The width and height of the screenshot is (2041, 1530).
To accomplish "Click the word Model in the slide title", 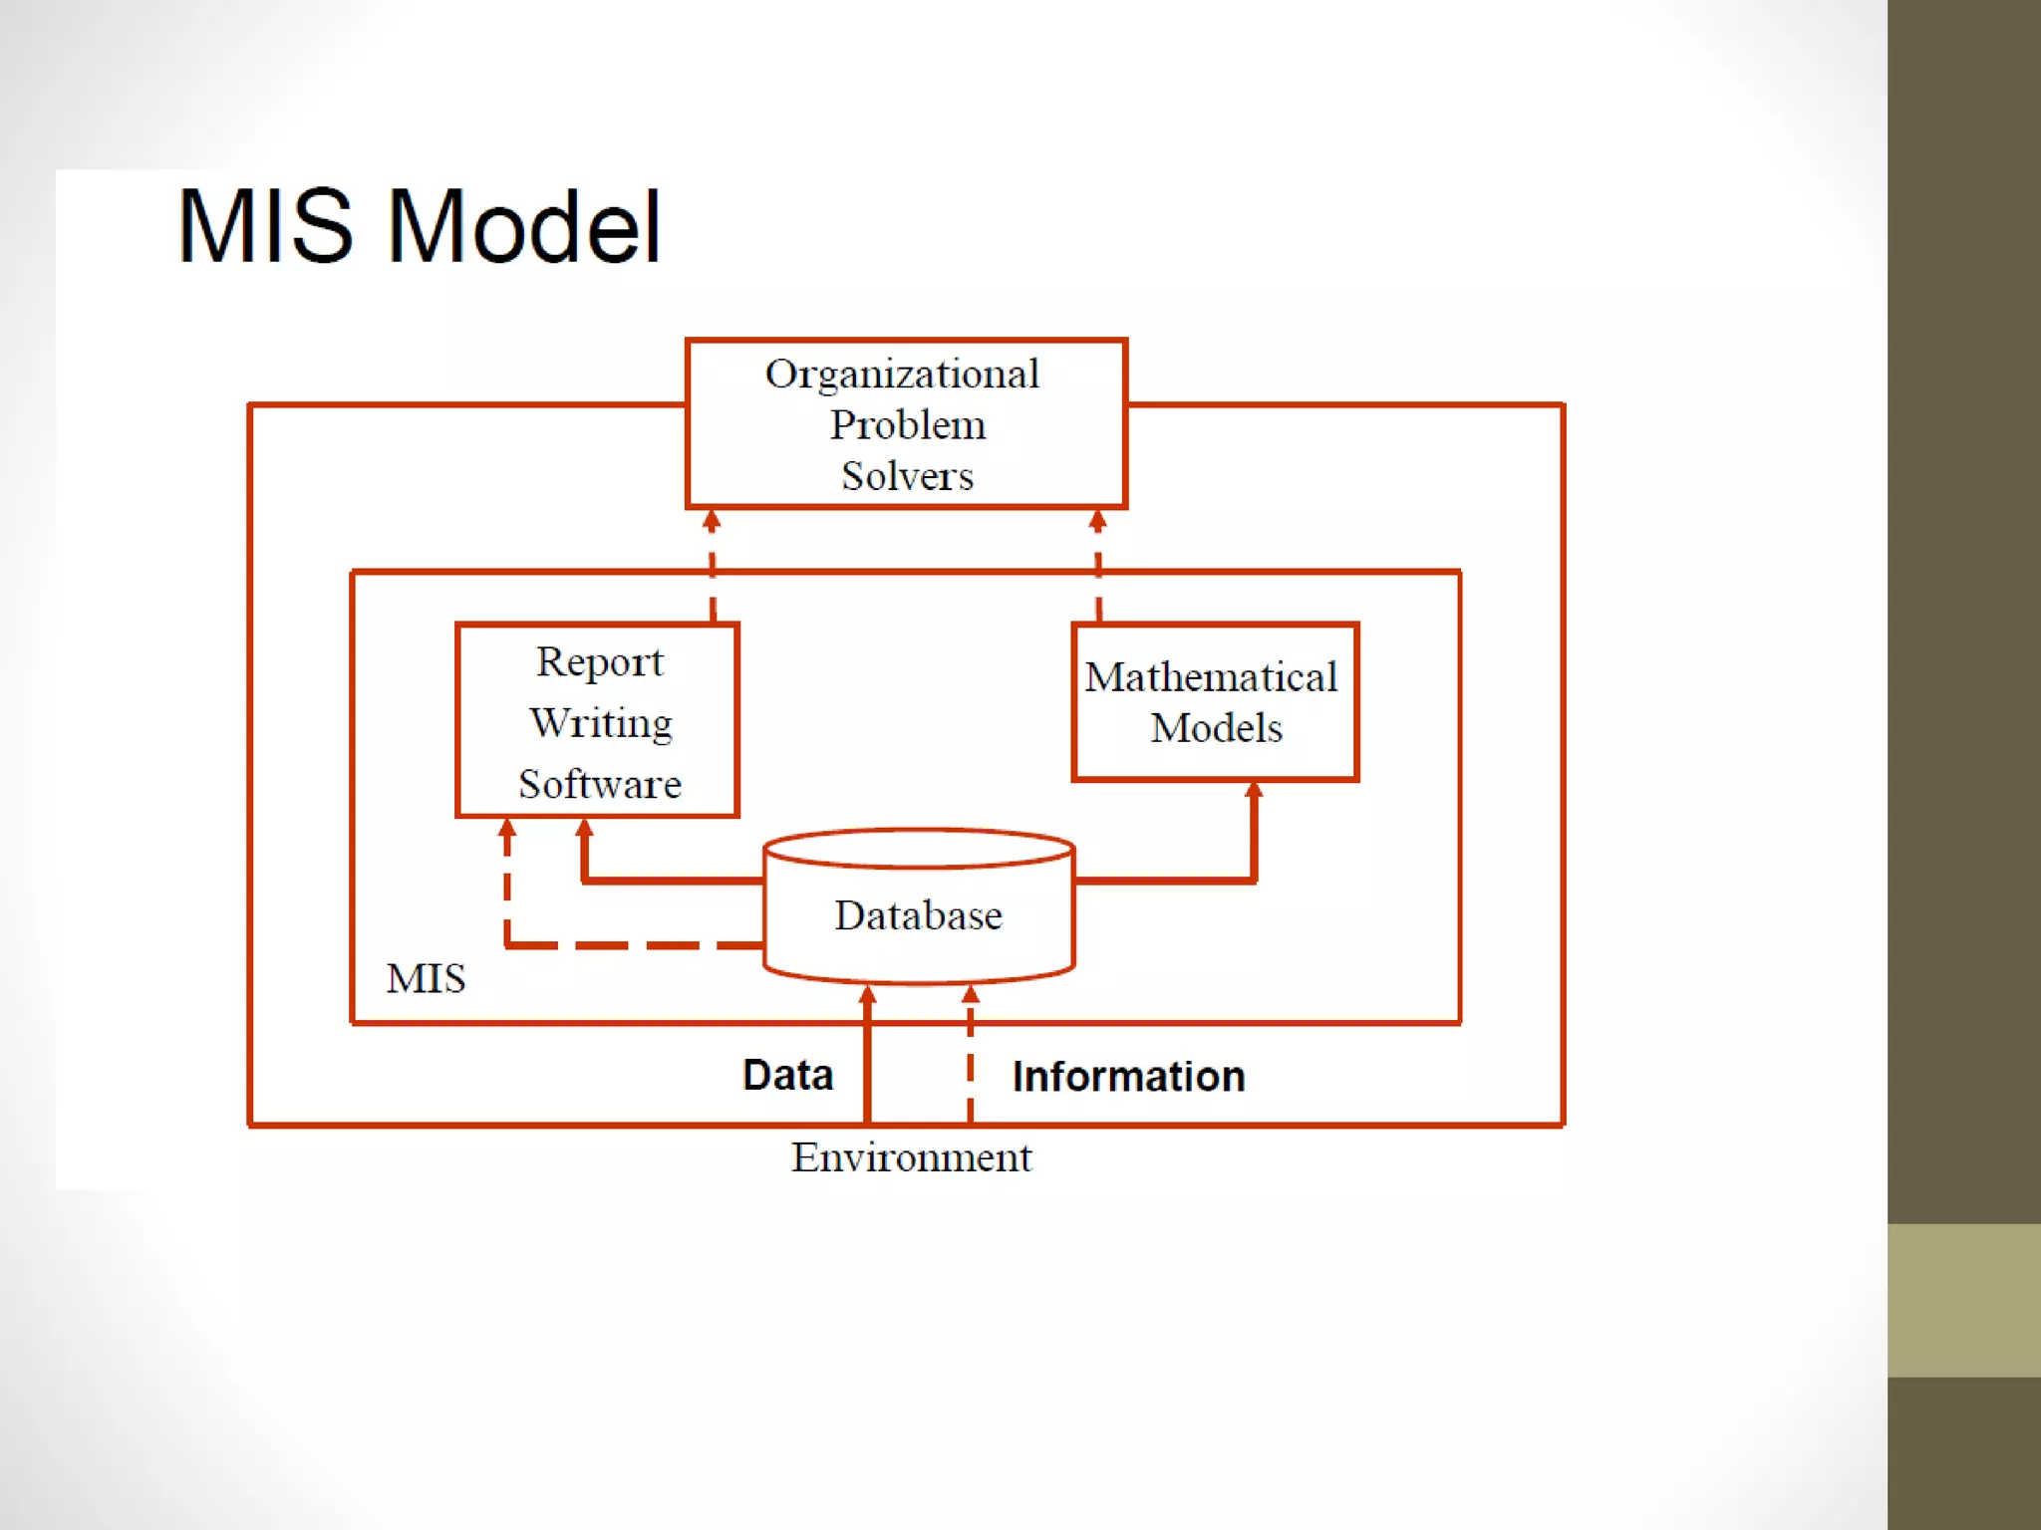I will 524,227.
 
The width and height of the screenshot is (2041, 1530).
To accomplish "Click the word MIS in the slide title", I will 265,227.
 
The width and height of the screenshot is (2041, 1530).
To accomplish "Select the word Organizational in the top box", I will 902,375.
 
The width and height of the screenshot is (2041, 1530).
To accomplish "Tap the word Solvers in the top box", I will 907,476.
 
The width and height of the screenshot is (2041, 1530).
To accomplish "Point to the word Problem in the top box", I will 908,425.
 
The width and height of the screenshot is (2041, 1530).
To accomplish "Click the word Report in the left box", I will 599,662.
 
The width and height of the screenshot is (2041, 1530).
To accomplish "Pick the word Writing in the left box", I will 601,723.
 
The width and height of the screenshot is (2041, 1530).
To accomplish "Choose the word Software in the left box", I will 600,784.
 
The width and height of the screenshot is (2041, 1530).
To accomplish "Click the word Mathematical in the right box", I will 1211,677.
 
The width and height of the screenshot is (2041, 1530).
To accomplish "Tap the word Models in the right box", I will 1216,728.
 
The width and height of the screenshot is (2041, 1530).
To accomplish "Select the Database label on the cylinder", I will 918,915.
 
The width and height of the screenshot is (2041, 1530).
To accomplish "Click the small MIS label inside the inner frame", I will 426,978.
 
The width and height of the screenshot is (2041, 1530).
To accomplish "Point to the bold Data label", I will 787,1075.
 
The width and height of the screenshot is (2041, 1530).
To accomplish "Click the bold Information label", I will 1128,1077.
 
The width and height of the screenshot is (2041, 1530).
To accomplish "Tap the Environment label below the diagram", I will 911,1157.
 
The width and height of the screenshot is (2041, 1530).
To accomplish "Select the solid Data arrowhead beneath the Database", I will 868,995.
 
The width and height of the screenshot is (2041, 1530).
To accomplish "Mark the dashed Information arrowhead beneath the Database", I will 971,995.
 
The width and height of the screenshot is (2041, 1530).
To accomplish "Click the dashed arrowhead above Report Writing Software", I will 712,520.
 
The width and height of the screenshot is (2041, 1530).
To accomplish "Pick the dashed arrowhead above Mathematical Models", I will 1097,520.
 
